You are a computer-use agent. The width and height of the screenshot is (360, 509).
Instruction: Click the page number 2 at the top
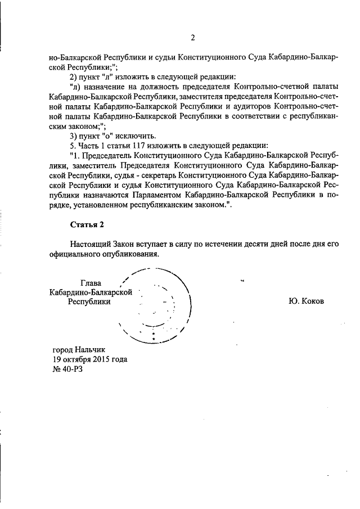[x=192, y=38]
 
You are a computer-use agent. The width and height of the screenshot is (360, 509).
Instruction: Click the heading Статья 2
[x=87, y=224]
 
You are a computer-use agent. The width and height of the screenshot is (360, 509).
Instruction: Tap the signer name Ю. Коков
[x=306, y=301]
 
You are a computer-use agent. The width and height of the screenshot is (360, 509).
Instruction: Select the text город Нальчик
[x=78, y=349]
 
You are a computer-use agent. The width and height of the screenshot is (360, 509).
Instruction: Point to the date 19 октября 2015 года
[x=90, y=359]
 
